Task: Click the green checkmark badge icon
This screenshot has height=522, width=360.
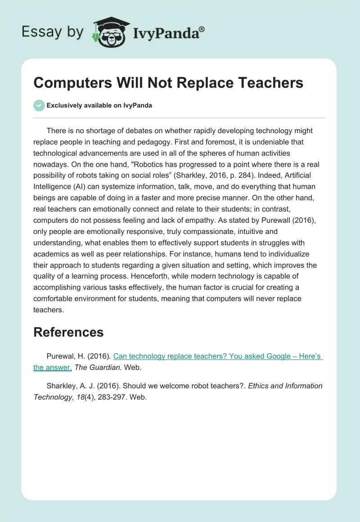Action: point(39,105)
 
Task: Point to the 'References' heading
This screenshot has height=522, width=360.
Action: point(68,332)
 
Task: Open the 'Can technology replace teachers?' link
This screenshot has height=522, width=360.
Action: point(218,356)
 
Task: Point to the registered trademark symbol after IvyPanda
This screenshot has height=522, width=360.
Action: point(202,28)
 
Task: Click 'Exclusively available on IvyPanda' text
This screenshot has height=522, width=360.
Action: point(99,106)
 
